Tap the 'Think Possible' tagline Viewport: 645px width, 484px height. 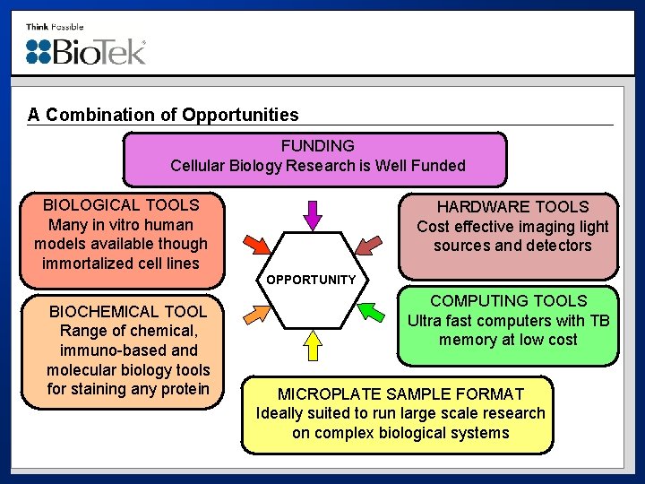click(55, 27)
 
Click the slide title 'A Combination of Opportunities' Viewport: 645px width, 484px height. click(163, 115)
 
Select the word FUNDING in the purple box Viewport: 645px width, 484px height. click(317, 145)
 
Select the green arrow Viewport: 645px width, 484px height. click(368, 313)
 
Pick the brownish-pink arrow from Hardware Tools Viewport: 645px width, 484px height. click(368, 245)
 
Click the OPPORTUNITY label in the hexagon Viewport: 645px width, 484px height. click(311, 280)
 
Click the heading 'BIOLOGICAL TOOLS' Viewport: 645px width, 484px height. click(121, 205)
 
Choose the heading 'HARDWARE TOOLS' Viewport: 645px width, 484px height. click(512, 207)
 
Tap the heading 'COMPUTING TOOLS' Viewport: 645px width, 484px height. click(508, 301)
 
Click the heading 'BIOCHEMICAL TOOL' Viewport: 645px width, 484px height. click(128, 312)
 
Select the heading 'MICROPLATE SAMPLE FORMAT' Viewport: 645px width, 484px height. click(400, 394)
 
